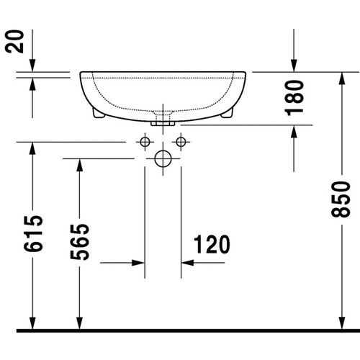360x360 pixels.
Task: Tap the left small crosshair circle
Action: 145,140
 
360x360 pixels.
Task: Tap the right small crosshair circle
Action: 181,140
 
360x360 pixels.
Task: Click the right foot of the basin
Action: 229,114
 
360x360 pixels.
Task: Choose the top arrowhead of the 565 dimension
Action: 78,164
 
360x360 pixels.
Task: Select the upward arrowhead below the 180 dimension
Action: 294,132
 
